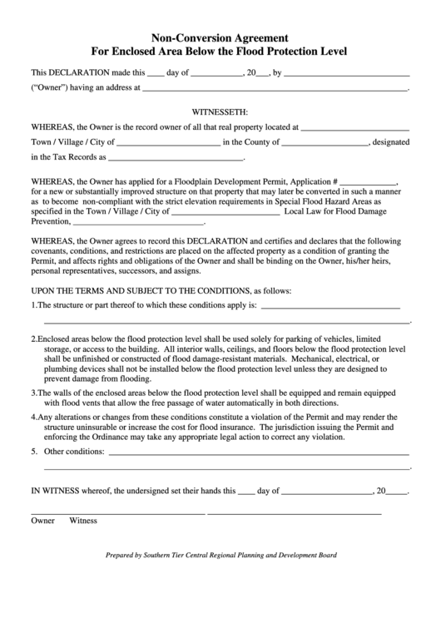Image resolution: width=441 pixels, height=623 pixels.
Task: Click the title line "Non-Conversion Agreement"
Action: coord(220,37)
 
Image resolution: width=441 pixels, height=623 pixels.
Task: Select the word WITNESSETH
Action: coord(220,111)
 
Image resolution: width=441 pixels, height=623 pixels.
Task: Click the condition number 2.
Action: coord(33,339)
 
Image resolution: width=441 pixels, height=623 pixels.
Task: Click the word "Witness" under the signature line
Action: coord(83,521)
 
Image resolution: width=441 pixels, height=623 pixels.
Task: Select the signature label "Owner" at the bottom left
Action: coord(42,521)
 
